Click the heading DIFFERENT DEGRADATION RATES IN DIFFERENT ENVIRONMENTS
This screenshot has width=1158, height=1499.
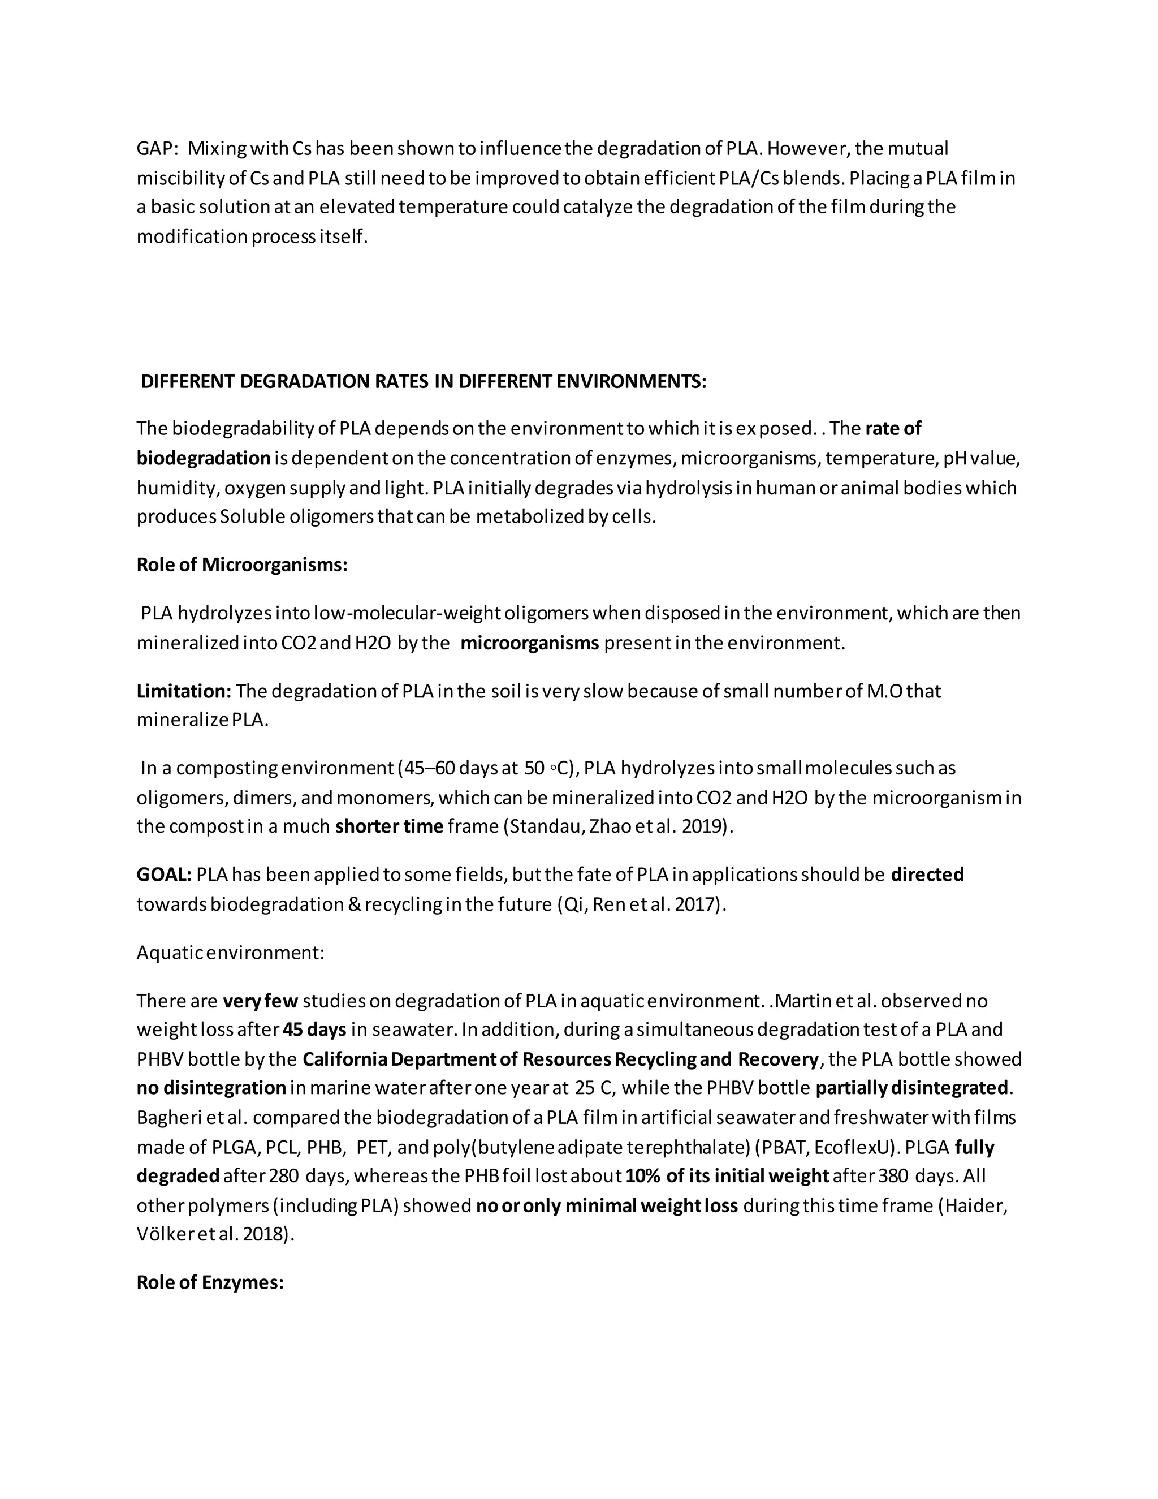tap(424, 382)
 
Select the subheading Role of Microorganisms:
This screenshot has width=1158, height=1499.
tap(241, 565)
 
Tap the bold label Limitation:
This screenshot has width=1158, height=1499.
tap(184, 691)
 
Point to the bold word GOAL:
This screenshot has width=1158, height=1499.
tap(164, 875)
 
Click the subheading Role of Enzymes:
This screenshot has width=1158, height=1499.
tap(210, 1282)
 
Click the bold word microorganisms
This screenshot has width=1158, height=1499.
tap(530, 643)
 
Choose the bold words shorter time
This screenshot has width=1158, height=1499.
tap(389, 826)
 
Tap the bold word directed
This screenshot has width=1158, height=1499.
tap(927, 875)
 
